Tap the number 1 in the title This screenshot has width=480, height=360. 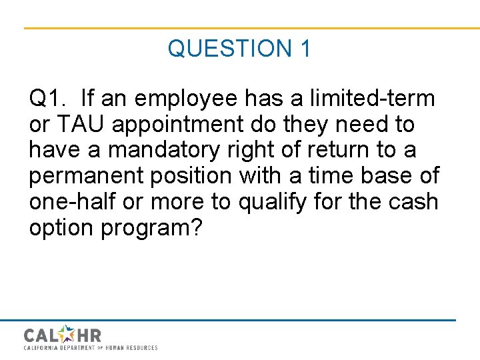(305, 49)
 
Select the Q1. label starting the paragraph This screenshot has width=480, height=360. (49, 99)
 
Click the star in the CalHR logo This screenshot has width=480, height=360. (67, 334)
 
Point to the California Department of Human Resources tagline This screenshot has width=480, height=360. (91, 348)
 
